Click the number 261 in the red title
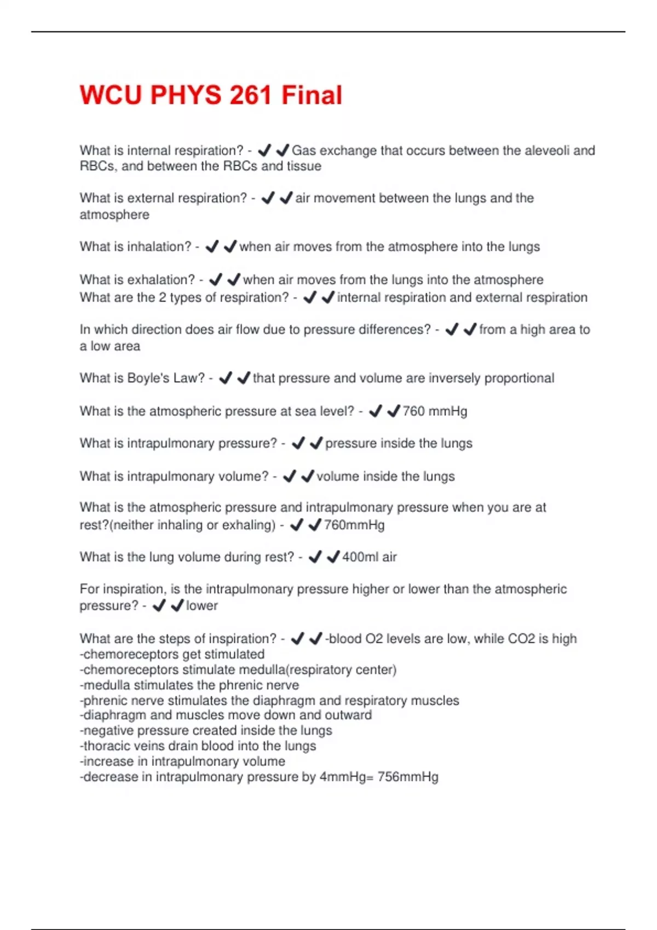click(x=250, y=95)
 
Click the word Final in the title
click(x=312, y=95)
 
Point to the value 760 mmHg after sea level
click(x=435, y=411)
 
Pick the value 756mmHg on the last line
click(x=408, y=777)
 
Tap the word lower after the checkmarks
click(x=201, y=606)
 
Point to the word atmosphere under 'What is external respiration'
click(x=114, y=214)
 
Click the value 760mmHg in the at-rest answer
click(x=354, y=525)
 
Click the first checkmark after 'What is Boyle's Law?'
click(x=225, y=378)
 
